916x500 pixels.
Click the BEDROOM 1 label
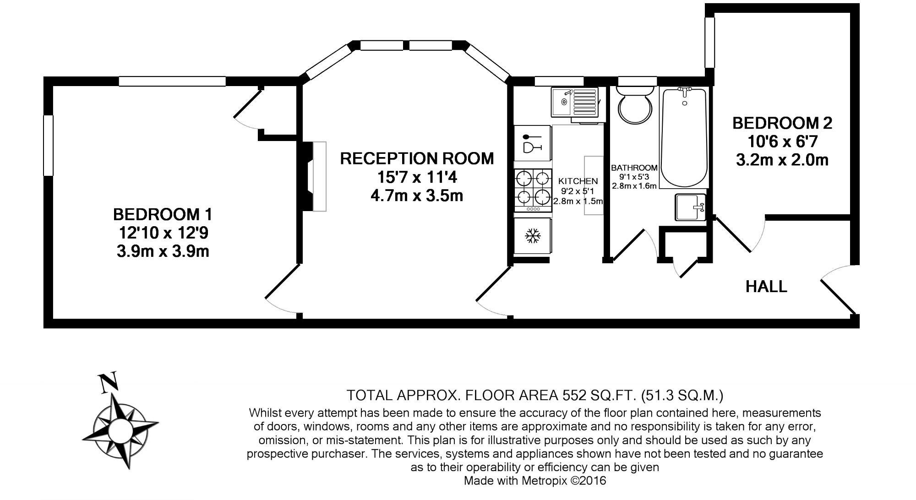(x=163, y=214)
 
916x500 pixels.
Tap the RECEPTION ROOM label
(x=417, y=158)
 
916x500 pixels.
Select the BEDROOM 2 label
(x=782, y=123)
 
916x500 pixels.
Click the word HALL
(x=766, y=287)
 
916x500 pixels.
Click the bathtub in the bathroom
(x=684, y=137)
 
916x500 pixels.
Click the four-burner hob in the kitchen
(x=533, y=188)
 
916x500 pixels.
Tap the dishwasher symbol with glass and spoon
(x=532, y=143)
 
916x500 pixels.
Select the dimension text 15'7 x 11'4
(x=417, y=177)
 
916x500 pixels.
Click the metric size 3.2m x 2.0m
(x=782, y=160)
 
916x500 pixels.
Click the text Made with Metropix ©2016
(x=534, y=481)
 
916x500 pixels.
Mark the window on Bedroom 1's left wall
(x=48, y=146)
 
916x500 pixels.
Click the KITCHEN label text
(x=578, y=181)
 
